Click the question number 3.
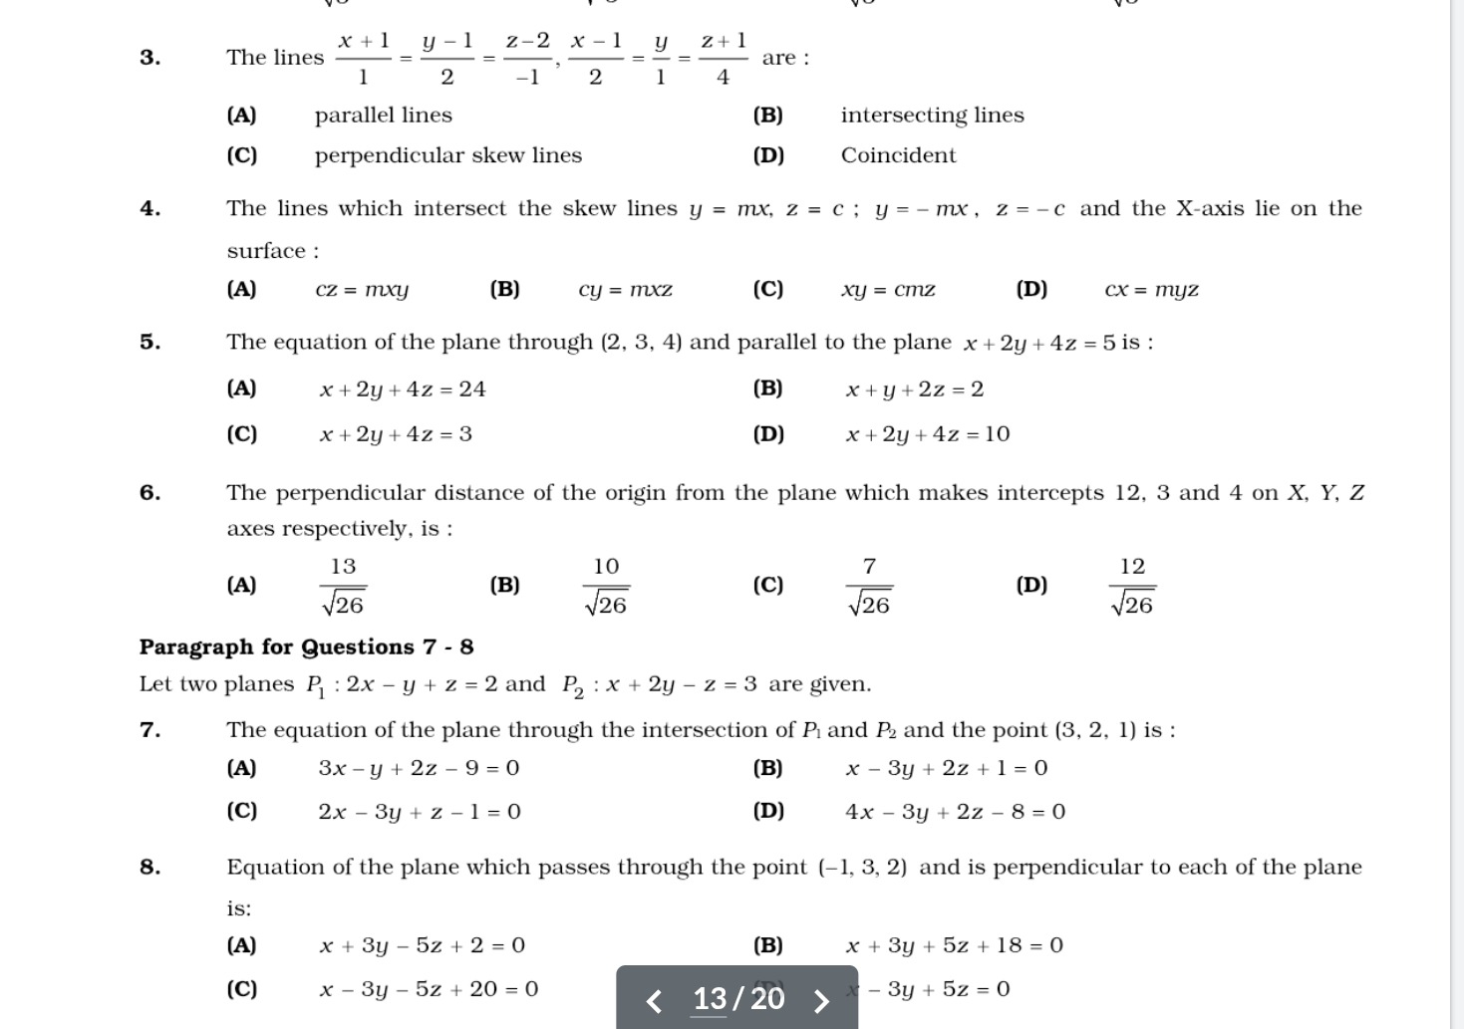point(149,58)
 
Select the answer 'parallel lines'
point(383,116)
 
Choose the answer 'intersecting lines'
point(932,116)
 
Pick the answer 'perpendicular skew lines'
point(447,156)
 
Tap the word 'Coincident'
point(898,156)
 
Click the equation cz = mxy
point(362,290)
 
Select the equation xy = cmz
point(888,290)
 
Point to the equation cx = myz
point(1151,290)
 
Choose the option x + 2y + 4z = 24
point(403,389)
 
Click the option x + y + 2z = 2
point(915,389)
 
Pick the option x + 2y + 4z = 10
point(928,434)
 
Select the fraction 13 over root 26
point(343,586)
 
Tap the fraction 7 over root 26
point(869,586)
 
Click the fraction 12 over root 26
point(1132,586)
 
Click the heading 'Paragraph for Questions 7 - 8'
point(306,647)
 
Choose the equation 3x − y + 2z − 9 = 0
point(419,768)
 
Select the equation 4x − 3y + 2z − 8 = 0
point(955,812)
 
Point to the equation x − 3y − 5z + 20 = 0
point(429,989)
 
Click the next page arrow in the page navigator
point(821,1000)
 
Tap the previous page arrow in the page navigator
point(654,1000)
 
